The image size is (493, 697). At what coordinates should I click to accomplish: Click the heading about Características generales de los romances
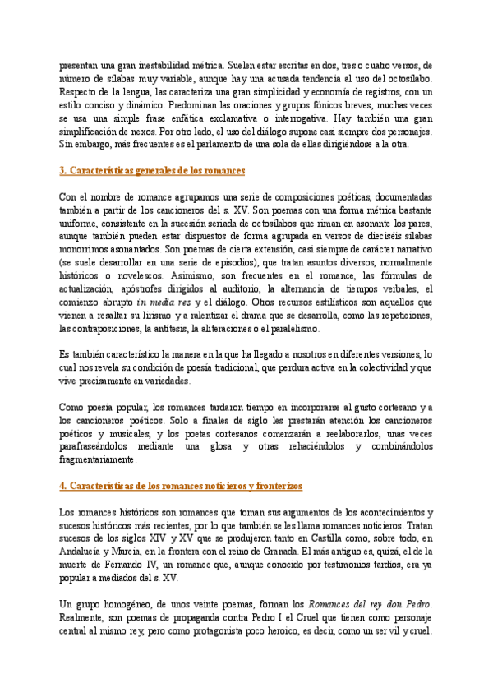(x=152, y=171)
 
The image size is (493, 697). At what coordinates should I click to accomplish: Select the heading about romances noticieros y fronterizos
(x=170, y=487)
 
